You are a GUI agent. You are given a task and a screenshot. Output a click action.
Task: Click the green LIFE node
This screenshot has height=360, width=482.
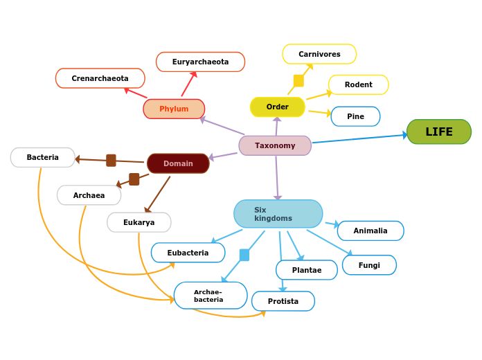click(x=438, y=132)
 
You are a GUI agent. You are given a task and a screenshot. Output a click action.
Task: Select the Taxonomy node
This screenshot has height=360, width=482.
click(x=275, y=145)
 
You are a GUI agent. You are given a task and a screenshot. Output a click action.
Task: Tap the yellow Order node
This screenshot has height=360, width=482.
click(x=277, y=107)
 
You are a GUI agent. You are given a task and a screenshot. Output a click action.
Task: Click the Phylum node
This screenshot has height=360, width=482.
click(x=174, y=109)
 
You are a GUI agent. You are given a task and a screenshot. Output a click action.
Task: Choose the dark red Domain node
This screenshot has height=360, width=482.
click(x=178, y=163)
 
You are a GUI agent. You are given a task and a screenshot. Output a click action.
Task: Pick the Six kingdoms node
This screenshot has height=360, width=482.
click(x=278, y=214)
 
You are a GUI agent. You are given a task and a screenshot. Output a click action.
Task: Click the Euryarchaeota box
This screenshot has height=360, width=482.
click(x=200, y=62)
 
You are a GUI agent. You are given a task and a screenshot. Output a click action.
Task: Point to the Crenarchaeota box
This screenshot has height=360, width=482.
click(x=100, y=78)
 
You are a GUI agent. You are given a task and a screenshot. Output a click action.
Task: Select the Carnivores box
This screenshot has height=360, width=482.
click(x=319, y=54)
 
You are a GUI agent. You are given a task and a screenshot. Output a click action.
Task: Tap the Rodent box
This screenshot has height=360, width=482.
click(x=358, y=84)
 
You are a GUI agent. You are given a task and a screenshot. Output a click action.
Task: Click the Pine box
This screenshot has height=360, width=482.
click(x=355, y=116)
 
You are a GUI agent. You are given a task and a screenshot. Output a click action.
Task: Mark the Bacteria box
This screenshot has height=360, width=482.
click(x=42, y=157)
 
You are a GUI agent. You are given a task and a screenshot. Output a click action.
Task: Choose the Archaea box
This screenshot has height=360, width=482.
click(x=89, y=195)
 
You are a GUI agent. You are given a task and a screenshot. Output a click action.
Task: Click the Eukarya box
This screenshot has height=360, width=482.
click(x=139, y=222)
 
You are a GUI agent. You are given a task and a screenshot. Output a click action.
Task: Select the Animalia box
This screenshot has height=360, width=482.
click(x=371, y=231)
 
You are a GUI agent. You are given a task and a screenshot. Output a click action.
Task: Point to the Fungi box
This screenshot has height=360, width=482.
click(x=369, y=265)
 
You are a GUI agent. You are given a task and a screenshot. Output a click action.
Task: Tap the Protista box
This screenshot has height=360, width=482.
click(x=283, y=301)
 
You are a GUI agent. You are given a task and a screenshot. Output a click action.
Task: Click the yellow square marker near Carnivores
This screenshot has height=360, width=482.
click(x=298, y=80)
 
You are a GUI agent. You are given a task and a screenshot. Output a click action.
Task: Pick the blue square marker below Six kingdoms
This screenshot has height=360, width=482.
click(x=244, y=255)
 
